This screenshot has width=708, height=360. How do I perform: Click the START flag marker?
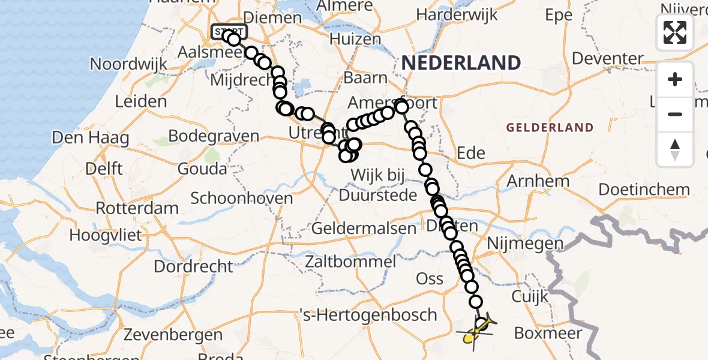229,31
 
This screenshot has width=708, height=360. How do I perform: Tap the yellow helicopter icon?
476,331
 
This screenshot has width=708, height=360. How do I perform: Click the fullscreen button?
675,32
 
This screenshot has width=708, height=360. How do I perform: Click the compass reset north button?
675,149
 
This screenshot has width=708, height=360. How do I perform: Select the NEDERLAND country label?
461,62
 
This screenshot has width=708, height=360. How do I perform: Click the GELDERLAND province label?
550,128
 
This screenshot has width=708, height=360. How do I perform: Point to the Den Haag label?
91,138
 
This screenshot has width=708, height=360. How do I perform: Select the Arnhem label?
538,181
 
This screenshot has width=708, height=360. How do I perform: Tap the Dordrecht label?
193,266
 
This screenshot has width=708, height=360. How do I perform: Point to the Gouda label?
202,169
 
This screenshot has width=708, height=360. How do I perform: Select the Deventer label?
607,59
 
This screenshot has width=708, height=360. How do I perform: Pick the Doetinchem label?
644,190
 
